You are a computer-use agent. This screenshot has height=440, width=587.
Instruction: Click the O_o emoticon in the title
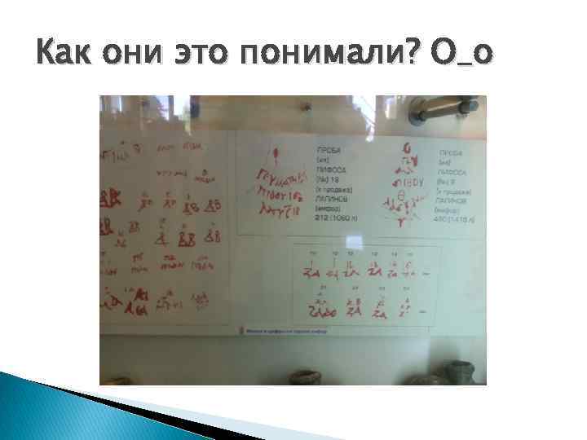(461, 59)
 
